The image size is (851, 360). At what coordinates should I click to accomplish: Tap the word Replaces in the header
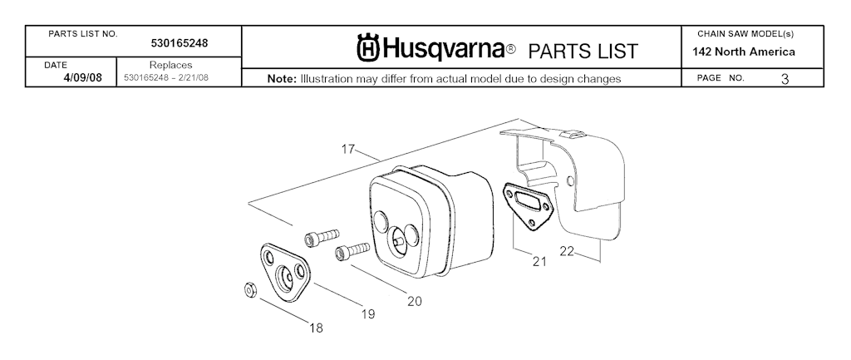tap(170, 65)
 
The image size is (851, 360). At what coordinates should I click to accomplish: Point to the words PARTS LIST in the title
tap(583, 52)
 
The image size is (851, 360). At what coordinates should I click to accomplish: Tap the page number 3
tap(785, 79)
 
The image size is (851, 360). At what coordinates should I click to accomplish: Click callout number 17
tap(349, 150)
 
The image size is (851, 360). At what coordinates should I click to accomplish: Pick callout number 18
tap(316, 328)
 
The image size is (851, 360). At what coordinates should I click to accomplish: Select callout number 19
tap(368, 313)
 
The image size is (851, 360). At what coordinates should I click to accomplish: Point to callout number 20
tap(414, 300)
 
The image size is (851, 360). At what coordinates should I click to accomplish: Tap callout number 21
tap(539, 261)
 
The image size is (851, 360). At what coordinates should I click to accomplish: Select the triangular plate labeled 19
tap(283, 269)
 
